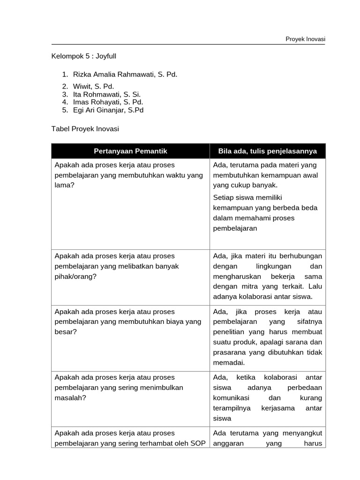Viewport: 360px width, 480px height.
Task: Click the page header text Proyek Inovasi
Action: (x=305, y=39)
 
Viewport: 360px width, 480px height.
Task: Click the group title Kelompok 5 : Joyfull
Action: (x=83, y=56)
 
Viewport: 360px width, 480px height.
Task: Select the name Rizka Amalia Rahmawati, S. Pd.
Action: (x=125, y=74)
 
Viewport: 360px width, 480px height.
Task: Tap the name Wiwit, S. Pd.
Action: (x=93, y=86)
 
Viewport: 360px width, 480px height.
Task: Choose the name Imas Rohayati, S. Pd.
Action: (x=108, y=102)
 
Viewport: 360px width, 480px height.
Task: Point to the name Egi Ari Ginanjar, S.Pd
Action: (x=108, y=110)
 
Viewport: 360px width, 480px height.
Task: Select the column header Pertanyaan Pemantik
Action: (x=130, y=151)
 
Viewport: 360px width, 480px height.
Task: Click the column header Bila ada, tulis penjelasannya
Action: (x=267, y=151)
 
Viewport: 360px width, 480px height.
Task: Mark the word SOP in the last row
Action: (x=198, y=443)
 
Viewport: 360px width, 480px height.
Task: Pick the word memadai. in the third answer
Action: (x=229, y=362)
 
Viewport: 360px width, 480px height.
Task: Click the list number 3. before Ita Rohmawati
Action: (x=65, y=94)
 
